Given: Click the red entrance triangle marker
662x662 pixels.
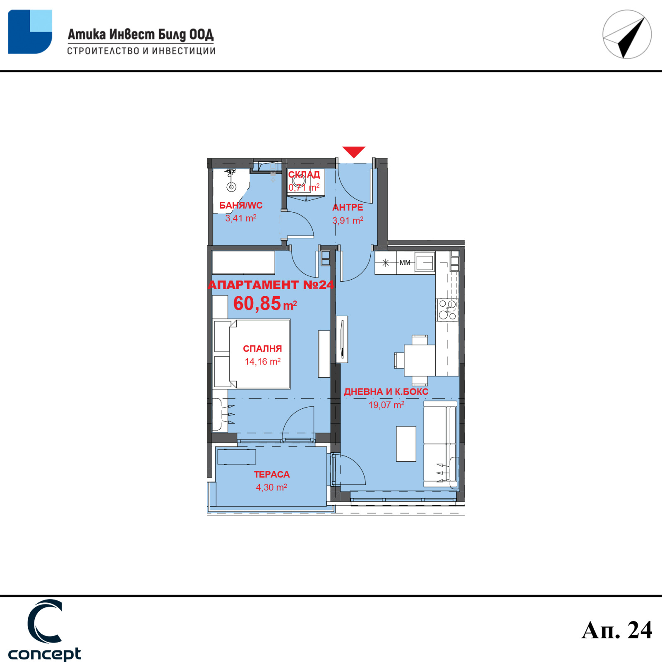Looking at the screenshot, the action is [354, 151].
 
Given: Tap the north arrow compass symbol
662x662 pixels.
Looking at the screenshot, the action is [627, 34].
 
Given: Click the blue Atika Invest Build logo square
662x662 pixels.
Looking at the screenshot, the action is [30, 32].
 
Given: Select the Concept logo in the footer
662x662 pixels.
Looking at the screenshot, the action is [45, 630].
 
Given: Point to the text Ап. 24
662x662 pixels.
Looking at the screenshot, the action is [616, 630].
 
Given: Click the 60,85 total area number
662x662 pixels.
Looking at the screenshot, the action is [257, 303].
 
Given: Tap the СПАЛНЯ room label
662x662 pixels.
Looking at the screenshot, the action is [262, 349].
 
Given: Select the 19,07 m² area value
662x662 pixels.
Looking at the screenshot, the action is [386, 405].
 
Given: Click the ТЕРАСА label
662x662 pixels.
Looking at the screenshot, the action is [272, 475].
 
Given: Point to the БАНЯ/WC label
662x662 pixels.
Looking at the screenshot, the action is [241, 206].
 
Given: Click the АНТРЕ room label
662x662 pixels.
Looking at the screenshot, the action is [348, 207].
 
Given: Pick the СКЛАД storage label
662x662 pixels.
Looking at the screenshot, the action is [304, 175].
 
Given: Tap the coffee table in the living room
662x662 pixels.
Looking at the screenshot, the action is [406, 444].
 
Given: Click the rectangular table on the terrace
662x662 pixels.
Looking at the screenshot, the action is [237, 457].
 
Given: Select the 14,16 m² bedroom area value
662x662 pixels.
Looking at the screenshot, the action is [263, 362].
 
